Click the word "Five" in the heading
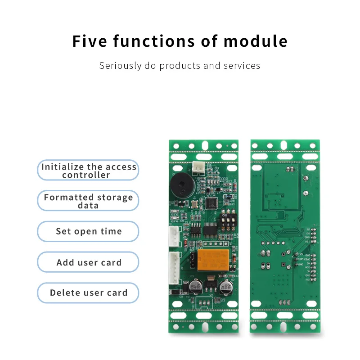point(90,41)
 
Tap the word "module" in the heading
point(256,41)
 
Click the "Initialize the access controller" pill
point(88,170)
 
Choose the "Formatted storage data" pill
point(88,201)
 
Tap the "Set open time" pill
point(88,231)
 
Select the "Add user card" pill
point(88,262)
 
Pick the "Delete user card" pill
point(88,292)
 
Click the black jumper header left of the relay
point(193,260)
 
